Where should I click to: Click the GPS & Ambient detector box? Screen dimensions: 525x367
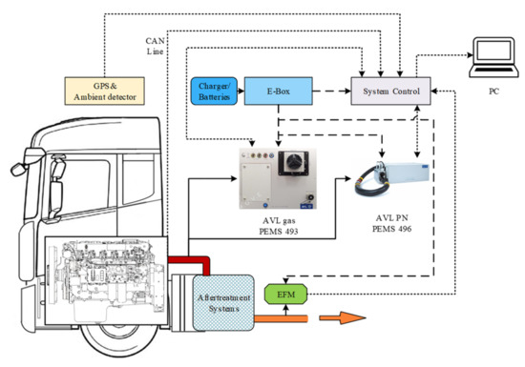pos(104,91)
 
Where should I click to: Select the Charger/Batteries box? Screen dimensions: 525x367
pos(214,91)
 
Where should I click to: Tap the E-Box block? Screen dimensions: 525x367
pos(278,91)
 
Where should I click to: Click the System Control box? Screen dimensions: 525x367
pos(390,91)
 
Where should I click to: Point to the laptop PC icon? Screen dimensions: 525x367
pos(493,57)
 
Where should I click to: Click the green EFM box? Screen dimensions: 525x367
pos(286,295)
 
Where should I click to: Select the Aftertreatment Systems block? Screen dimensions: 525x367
pos(223,303)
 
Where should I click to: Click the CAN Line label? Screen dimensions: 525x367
pos(155,46)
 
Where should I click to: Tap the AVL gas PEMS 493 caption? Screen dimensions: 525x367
pos(279,226)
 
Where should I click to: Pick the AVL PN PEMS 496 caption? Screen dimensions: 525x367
pos(391,223)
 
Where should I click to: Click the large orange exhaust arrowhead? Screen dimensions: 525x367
pos(352,317)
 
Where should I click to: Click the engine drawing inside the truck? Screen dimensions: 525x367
pos(107,280)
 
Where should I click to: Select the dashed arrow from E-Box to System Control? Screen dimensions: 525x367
pos(332,91)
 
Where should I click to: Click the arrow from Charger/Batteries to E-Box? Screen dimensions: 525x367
pos(241,91)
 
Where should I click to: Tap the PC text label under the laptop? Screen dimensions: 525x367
pos(493,92)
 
